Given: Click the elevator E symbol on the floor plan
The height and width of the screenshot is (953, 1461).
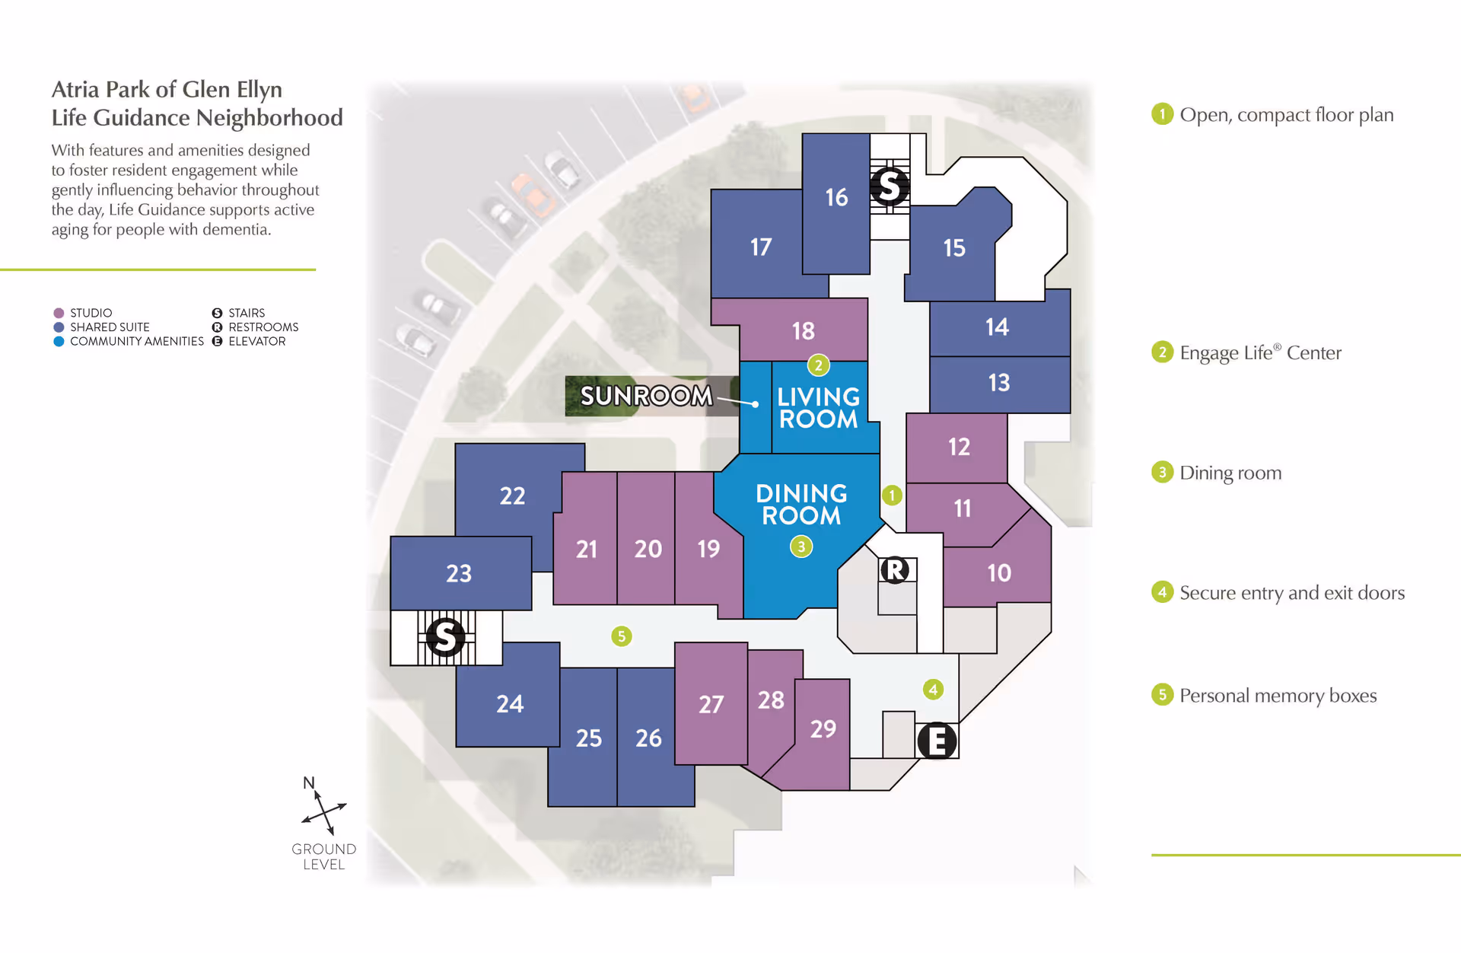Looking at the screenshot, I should [937, 741].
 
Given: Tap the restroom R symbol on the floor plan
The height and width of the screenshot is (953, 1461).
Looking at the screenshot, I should [895, 569].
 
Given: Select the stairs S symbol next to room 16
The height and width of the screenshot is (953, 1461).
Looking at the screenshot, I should [889, 186].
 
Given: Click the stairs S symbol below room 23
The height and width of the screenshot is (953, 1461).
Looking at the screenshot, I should [445, 637].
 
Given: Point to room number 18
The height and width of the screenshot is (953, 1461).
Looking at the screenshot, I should [803, 331].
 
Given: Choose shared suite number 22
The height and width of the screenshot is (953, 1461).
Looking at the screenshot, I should [512, 496].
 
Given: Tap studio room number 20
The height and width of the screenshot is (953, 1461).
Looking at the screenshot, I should [648, 549].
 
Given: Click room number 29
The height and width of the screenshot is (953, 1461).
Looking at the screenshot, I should [823, 729].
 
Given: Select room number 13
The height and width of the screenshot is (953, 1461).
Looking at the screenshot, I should [998, 382].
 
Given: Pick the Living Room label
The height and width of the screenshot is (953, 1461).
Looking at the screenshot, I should [818, 408].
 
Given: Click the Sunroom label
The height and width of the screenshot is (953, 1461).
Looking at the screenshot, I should [646, 396].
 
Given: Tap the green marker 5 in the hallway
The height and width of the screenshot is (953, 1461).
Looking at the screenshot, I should [622, 636].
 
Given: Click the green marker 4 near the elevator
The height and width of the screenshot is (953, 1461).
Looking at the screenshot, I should [933, 690].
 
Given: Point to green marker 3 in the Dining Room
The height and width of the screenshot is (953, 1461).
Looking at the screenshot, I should [801, 547].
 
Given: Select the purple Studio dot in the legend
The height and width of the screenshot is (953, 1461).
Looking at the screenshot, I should [59, 313].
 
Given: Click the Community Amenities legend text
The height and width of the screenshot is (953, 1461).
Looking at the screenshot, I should [137, 342].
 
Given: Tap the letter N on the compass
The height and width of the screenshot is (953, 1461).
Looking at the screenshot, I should [308, 783].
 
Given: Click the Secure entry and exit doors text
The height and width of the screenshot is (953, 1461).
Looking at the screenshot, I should [1291, 593].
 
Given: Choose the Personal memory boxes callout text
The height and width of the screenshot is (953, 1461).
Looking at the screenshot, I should [1278, 696].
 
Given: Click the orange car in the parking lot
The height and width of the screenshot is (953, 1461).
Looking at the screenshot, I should [533, 195].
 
